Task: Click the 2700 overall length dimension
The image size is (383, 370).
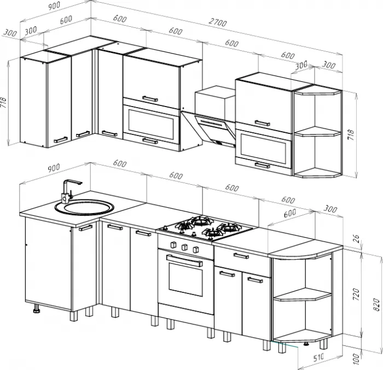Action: [218, 22]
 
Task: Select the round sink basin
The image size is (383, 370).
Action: [84, 208]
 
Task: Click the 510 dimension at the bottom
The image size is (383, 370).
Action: [318, 358]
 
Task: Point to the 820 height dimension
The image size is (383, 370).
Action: [376, 304]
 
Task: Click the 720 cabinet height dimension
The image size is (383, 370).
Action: [356, 295]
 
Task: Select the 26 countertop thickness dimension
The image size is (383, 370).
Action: [356, 239]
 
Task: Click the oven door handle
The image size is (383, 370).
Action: [185, 260]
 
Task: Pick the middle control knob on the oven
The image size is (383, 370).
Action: [185, 247]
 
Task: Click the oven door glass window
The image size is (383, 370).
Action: [185, 278]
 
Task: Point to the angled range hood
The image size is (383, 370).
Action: [208, 128]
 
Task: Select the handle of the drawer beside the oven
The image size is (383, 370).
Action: [241, 256]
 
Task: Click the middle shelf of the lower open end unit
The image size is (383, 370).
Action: [303, 294]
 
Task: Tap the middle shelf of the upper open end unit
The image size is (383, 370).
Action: [317, 132]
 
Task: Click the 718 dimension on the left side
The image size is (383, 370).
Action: [3, 103]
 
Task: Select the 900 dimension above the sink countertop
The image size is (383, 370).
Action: [54, 168]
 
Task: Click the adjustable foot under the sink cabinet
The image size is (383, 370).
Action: [37, 308]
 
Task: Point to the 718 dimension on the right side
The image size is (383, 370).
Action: [351, 135]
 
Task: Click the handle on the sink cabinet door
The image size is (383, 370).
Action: [86, 228]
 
